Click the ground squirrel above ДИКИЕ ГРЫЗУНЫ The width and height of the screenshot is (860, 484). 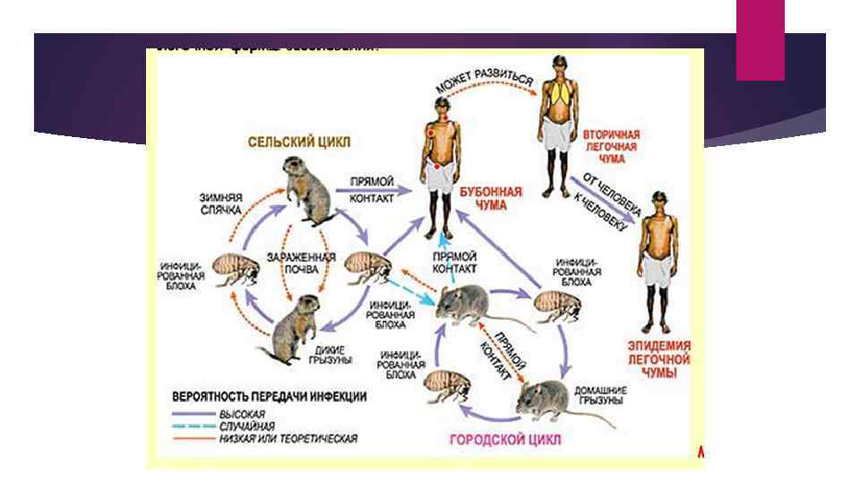tap(295, 325)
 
